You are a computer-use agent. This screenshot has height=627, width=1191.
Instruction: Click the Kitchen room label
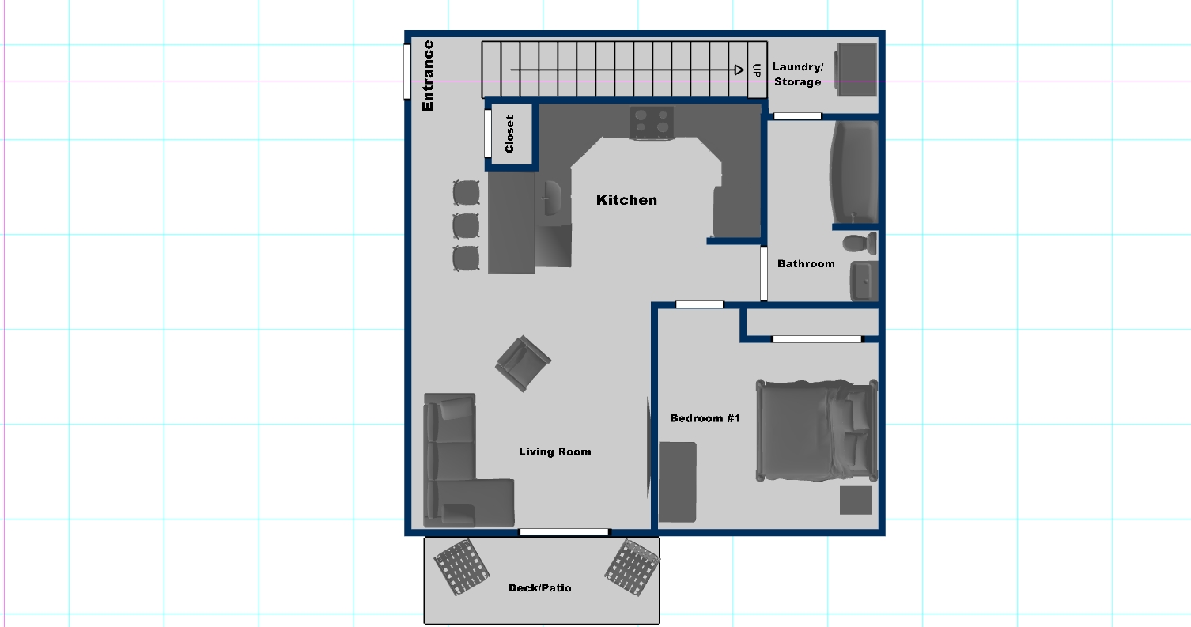pos(626,200)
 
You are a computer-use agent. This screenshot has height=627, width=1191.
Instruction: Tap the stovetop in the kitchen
pos(652,123)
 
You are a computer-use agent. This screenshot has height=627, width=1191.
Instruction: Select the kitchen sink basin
pos(553,198)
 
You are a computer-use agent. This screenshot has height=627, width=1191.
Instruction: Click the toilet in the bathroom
pos(860,244)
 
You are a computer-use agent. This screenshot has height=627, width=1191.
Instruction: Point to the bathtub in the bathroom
pos(854,172)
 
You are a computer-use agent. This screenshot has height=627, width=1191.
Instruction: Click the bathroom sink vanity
pos(864,281)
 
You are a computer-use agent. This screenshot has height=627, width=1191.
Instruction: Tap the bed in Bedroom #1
pos(817,431)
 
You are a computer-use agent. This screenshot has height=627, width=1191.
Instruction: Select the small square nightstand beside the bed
pos(856,500)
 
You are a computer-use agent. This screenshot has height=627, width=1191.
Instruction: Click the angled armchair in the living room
pos(524,363)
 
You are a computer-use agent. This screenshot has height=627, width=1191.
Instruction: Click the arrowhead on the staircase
pos(739,70)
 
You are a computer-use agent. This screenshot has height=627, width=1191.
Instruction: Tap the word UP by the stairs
pos(757,70)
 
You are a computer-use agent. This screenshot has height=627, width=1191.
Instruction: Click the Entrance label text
pos(428,76)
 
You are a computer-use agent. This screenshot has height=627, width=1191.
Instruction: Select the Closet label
pos(509,134)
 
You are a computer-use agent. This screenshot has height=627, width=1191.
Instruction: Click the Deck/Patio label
pos(540,587)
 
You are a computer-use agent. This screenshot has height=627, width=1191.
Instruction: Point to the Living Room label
pos(555,451)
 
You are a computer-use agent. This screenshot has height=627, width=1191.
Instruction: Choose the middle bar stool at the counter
pos(467,226)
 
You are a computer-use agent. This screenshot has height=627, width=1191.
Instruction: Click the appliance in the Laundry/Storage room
pos(856,70)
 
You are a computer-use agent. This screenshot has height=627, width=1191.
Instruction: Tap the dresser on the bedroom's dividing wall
pos(678,482)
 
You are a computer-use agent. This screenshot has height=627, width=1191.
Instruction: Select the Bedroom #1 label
pos(705,418)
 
